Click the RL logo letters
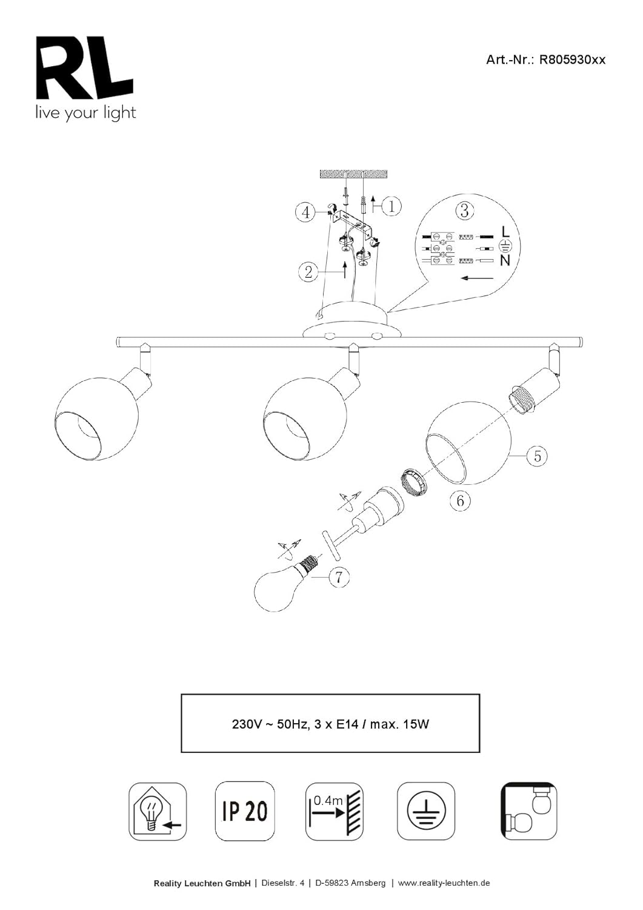click(x=85, y=68)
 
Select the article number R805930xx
click(x=572, y=59)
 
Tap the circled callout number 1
click(x=391, y=206)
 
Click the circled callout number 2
click(x=308, y=272)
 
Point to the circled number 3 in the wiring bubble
click(x=465, y=211)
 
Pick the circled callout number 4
click(x=306, y=212)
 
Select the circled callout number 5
click(x=537, y=456)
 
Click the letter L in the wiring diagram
click(x=505, y=232)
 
